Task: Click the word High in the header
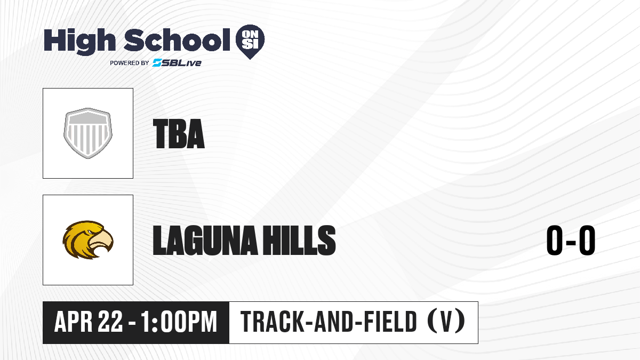tap(80, 41)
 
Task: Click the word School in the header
tap(177, 40)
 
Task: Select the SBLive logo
tap(177, 62)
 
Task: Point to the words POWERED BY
tap(130, 63)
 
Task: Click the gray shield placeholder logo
tap(88, 133)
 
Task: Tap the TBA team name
tap(179, 134)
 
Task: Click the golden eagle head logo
tap(88, 240)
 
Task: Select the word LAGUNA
tap(205, 240)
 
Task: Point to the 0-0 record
tap(571, 240)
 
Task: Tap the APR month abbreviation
tap(74, 322)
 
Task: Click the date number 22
tap(110, 322)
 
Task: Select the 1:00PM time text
tap(179, 322)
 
